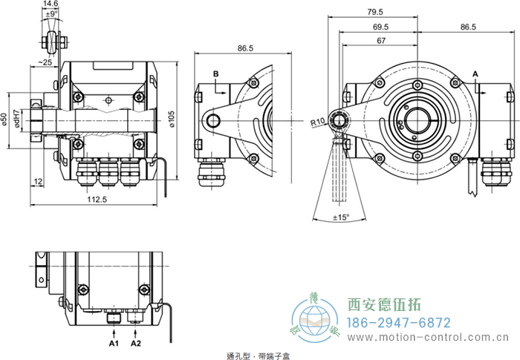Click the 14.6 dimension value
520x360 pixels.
51,4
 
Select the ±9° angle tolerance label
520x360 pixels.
51,14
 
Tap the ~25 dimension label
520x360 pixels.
45,62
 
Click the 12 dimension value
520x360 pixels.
37,181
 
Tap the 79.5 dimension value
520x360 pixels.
376,11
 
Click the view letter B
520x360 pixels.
215,73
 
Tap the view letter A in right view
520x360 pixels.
475,73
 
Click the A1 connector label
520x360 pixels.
114,344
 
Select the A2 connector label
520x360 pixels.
135,344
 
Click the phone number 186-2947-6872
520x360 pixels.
399,323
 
